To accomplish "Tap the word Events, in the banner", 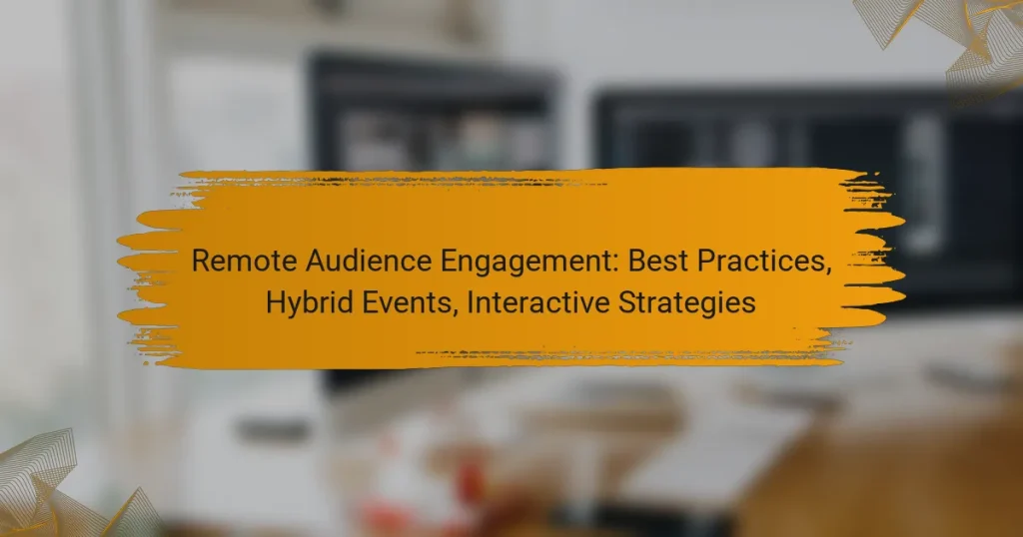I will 394,301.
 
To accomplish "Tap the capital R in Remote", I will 200,262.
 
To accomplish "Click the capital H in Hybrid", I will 275,301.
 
